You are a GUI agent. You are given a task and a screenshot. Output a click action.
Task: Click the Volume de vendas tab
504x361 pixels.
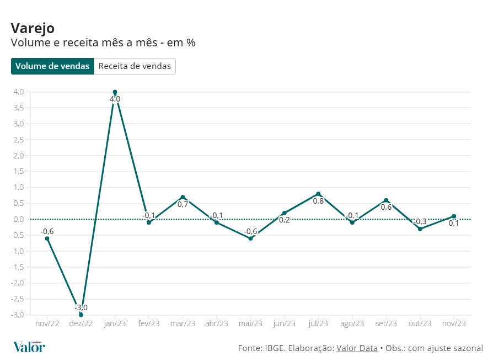point(52,66)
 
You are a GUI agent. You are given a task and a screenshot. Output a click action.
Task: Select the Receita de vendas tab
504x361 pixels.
point(135,66)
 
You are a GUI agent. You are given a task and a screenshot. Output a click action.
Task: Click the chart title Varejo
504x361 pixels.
point(33,28)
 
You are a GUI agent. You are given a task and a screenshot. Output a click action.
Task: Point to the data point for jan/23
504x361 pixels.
point(115,92)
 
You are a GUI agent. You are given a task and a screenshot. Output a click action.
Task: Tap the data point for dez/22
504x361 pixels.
point(81,315)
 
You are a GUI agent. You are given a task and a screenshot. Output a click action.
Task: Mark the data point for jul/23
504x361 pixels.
point(318,194)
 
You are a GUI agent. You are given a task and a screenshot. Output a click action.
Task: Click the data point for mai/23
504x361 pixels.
point(250,238)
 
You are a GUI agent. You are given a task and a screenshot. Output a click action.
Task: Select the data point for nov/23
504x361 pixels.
point(454,216)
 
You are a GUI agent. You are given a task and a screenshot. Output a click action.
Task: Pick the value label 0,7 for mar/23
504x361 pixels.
point(183,204)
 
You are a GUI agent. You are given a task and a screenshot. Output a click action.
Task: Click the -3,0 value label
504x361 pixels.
point(81,307)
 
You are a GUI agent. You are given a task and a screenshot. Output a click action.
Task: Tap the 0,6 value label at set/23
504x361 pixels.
point(386,207)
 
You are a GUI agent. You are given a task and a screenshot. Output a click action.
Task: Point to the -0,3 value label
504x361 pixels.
point(420,221)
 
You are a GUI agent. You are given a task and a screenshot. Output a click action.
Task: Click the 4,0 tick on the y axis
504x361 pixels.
point(18,92)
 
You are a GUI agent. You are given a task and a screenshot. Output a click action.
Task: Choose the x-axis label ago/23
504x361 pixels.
point(352,324)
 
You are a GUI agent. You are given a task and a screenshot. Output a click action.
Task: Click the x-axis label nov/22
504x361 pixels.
point(47,324)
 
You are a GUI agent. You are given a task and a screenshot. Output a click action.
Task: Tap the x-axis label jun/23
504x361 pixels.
point(285,324)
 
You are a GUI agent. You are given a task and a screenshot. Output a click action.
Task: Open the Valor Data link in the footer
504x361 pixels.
point(357,348)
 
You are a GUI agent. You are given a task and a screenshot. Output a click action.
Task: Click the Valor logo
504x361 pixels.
point(29,347)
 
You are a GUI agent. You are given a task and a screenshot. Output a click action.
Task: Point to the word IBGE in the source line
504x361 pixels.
point(275,348)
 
